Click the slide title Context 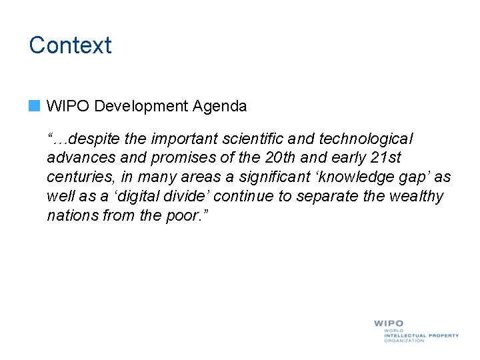tap(70, 45)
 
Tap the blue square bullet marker tap(35, 105)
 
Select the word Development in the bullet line tap(143, 106)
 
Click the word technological tap(366, 139)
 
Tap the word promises tap(172, 158)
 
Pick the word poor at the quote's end tap(183, 216)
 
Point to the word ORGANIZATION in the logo tap(404, 341)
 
